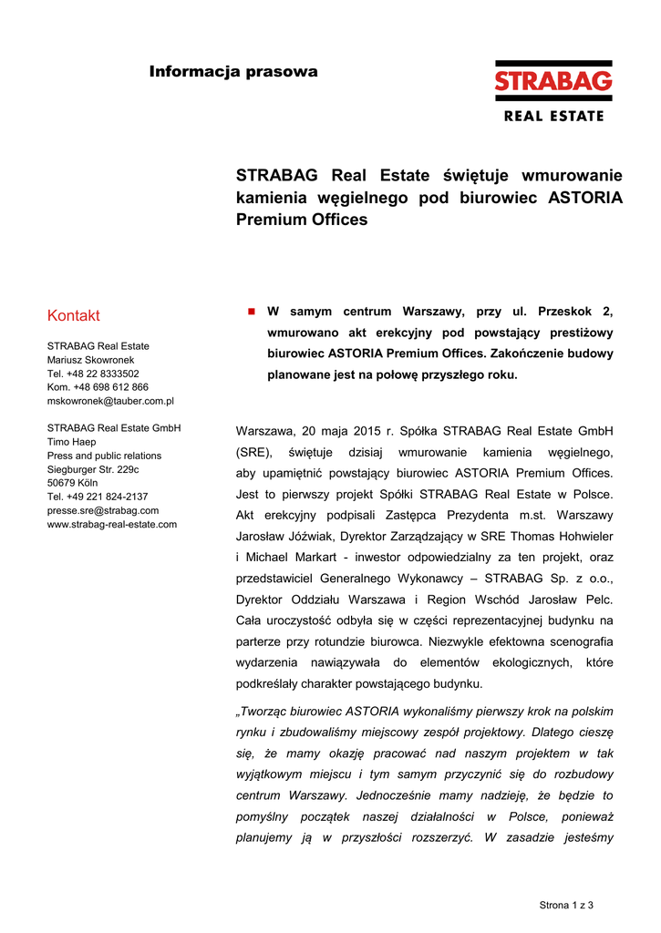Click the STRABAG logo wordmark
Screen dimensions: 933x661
[553, 82]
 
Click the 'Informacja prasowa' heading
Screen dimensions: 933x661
[233, 71]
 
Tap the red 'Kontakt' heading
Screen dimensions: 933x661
[74, 315]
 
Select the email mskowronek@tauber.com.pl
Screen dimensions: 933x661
[110, 401]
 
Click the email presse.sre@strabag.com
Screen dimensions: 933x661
[103, 510]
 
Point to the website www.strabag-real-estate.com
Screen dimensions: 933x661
[112, 524]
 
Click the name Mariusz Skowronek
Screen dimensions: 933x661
[91, 360]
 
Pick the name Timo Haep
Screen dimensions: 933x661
[71, 442]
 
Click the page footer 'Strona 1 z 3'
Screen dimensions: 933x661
[566, 905]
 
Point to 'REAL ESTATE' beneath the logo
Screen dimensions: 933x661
[553, 116]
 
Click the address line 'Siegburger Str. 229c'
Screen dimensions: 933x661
[93, 469]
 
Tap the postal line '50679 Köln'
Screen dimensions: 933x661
[72, 483]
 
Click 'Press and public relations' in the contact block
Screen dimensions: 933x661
[104, 456]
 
